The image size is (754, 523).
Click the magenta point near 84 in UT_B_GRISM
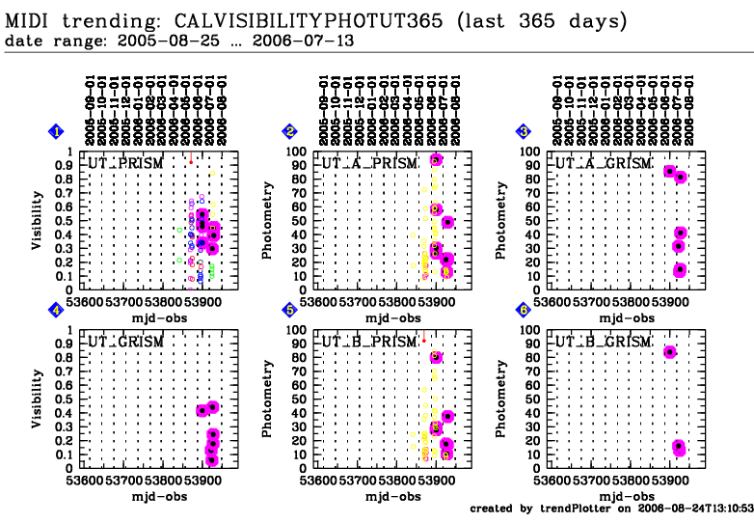coord(670,352)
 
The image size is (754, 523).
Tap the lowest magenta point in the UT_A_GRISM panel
coord(680,269)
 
